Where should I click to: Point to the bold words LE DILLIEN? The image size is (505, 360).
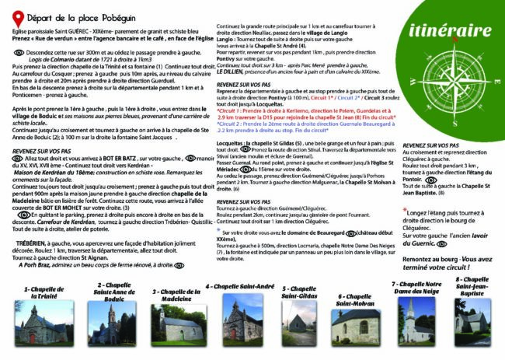(233, 72)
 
